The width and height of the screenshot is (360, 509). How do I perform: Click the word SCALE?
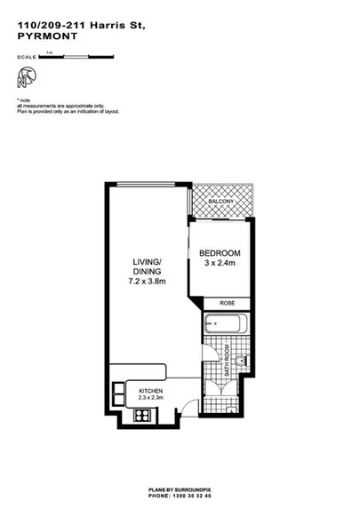click(x=28, y=57)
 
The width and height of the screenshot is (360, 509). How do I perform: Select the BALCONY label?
click(x=221, y=203)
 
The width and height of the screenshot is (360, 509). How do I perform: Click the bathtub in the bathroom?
click(x=228, y=325)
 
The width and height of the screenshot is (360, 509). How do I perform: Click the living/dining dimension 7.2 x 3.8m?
click(x=148, y=282)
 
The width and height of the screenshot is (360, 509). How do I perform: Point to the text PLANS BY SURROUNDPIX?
click(x=180, y=489)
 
